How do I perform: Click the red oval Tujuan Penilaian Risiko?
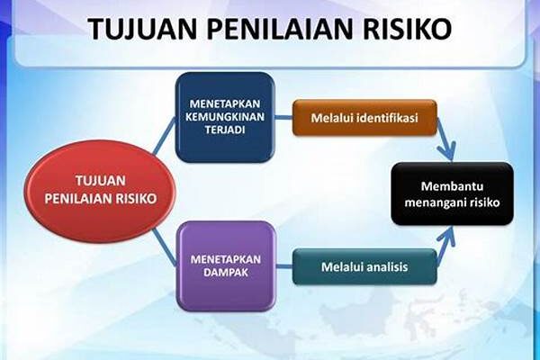pyautogui.click(x=100, y=191)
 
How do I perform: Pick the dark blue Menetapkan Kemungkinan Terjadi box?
pyautogui.click(x=225, y=117)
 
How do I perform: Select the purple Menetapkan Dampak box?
pyautogui.click(x=226, y=266)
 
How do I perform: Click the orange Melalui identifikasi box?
pyautogui.click(x=364, y=118)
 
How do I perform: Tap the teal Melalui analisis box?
pyautogui.click(x=364, y=267)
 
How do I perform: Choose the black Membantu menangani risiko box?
pyautogui.click(x=452, y=194)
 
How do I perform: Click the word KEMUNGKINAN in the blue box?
pyautogui.click(x=225, y=116)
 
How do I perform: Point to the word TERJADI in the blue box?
pyautogui.click(x=225, y=130)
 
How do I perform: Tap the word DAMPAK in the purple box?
pyautogui.click(x=226, y=273)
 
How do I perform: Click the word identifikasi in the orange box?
pyautogui.click(x=388, y=118)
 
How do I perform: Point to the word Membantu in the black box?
pyautogui.click(x=452, y=186)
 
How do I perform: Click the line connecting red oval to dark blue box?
pyautogui.click(x=165, y=135)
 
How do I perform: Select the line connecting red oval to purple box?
pyautogui.click(x=165, y=247)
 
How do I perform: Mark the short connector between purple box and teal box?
pyautogui.click(x=284, y=266)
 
